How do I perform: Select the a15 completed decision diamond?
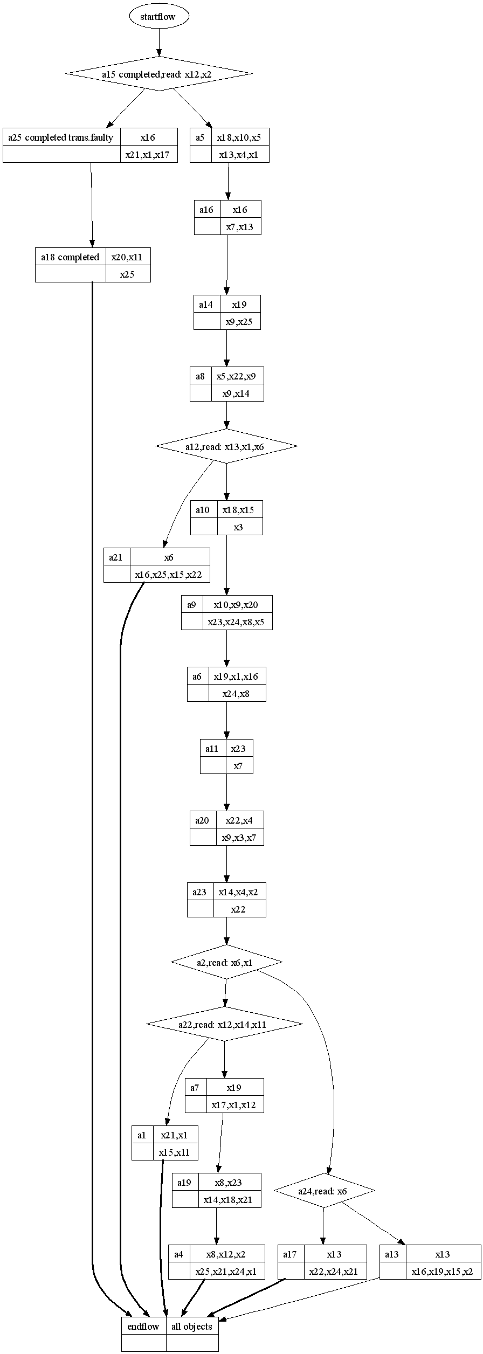point(159,74)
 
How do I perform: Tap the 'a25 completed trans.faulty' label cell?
point(61,137)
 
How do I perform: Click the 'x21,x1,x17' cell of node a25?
point(148,155)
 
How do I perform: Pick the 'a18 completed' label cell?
point(70,257)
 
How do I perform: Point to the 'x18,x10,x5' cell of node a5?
point(239,137)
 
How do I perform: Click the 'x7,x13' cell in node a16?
point(240,227)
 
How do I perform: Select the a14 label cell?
point(206,305)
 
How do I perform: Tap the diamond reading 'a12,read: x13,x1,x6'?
point(226,447)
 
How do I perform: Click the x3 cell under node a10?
point(239,527)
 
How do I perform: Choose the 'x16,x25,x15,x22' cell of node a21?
point(169,575)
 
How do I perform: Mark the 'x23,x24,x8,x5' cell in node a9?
point(237,622)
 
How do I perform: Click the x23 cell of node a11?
point(239,749)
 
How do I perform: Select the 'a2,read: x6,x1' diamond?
point(226,963)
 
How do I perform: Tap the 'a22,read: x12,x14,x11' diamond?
point(224,1024)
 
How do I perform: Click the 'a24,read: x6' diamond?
point(324,1191)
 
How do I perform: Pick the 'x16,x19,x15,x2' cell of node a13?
point(443,1272)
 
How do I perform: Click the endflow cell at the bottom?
point(143,1327)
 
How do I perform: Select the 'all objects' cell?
point(192,1327)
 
